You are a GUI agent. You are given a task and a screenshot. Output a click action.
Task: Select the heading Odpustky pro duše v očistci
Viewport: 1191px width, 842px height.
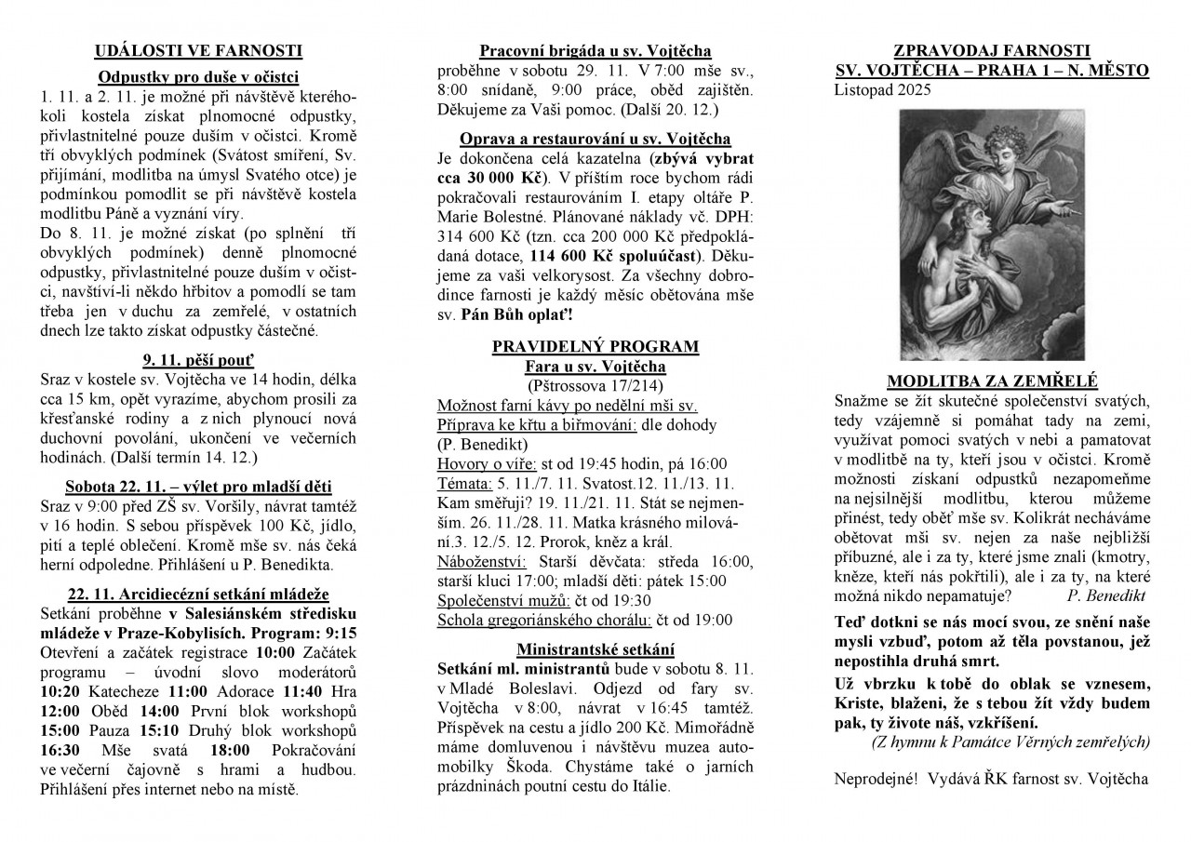tap(199, 77)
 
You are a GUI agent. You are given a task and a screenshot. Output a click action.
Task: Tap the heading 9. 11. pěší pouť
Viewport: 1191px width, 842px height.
tap(199, 358)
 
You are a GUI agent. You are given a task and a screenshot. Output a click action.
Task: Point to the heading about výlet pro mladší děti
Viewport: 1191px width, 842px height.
tap(199, 487)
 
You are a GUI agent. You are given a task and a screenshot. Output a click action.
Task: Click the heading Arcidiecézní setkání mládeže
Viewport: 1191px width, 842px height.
tap(199, 595)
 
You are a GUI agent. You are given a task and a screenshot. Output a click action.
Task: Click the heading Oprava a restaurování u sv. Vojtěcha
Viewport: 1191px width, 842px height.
tap(595, 138)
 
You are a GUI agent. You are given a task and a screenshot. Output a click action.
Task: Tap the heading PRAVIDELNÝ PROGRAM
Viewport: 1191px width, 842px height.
tap(595, 347)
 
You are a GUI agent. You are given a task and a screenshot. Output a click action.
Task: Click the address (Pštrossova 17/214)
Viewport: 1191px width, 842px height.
tap(595, 384)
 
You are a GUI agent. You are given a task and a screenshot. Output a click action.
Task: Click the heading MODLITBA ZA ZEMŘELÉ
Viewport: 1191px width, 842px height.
tap(992, 381)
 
